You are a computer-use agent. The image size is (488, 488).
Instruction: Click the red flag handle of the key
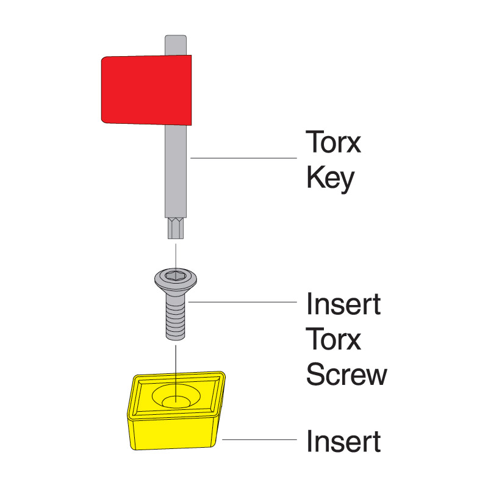(146, 90)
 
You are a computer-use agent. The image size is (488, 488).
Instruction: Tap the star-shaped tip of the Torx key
(176, 228)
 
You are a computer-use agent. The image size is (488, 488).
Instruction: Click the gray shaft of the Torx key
(176, 171)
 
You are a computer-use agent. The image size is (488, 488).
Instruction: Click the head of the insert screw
(176, 279)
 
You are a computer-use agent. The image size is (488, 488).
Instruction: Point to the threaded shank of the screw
(176, 321)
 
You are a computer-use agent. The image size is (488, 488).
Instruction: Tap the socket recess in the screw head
(176, 275)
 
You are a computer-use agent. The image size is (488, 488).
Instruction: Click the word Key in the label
(331, 178)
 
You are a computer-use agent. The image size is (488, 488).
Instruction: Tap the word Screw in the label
(346, 374)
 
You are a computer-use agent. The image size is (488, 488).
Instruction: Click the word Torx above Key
(333, 142)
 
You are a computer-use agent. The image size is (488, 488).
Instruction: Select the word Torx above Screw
(333, 339)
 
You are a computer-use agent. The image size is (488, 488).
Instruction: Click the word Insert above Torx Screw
(343, 304)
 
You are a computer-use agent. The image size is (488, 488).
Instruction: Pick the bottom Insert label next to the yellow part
(343, 441)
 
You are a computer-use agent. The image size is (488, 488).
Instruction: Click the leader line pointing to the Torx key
(243, 158)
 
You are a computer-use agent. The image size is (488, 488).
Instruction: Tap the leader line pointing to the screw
(243, 302)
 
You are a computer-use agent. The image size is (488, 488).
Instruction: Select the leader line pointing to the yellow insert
(260, 439)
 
